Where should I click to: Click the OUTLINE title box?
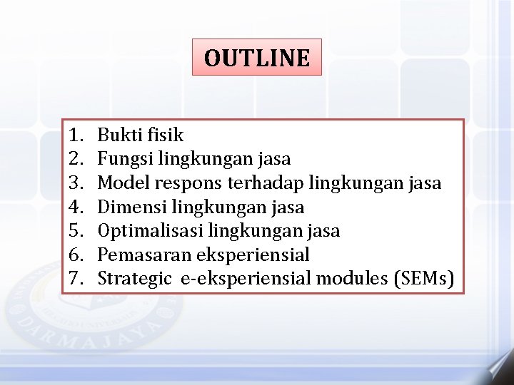pyautogui.click(x=257, y=57)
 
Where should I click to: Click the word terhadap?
pyautogui.click(x=265, y=183)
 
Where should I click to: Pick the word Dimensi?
pyautogui.click(x=128, y=207)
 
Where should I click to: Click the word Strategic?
pyautogui.click(x=134, y=279)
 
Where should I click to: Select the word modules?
pyautogui.click(x=353, y=278)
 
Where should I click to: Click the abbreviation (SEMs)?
pyautogui.click(x=424, y=278)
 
